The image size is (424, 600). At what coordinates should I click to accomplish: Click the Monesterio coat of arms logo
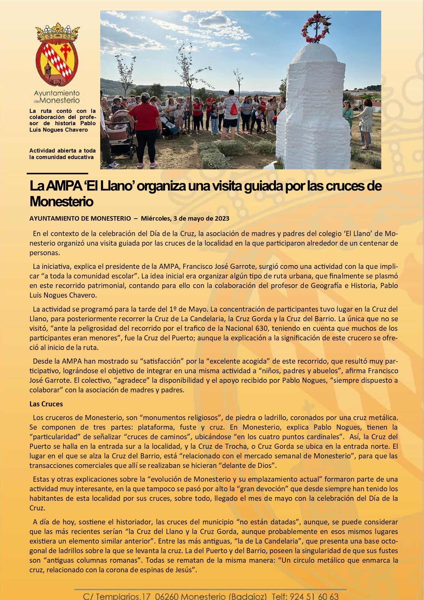(x=57, y=55)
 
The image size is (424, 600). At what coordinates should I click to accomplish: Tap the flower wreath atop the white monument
(x=316, y=28)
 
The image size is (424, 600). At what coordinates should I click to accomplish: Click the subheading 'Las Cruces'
(x=46, y=404)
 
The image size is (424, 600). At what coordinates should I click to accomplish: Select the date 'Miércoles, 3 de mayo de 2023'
(x=185, y=218)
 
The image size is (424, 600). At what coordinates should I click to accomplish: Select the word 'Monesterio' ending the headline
(x=62, y=201)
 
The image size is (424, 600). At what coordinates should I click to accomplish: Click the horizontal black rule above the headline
(x=57, y=174)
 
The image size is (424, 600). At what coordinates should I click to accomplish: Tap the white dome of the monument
(x=314, y=55)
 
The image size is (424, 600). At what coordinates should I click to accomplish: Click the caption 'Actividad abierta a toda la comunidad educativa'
(x=62, y=154)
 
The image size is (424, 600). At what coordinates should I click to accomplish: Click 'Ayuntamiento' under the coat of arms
(x=57, y=93)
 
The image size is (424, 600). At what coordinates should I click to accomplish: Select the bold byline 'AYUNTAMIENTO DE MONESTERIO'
(x=80, y=218)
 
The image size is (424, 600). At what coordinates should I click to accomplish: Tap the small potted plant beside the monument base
(x=279, y=163)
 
